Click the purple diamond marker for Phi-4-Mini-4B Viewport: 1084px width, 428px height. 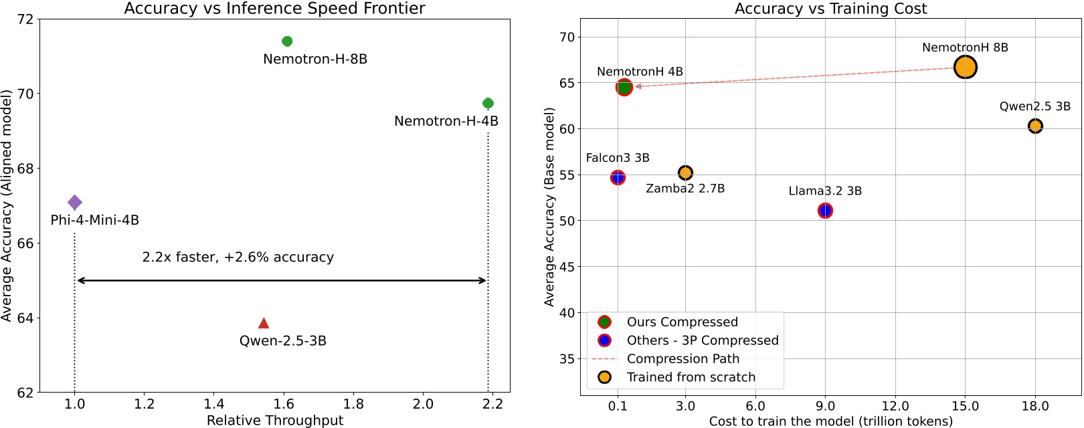click(75, 202)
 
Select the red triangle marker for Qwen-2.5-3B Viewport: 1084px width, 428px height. click(264, 323)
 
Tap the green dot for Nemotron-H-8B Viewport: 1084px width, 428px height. click(287, 41)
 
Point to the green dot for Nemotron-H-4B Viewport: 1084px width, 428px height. click(488, 103)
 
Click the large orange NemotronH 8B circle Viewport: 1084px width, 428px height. click(965, 67)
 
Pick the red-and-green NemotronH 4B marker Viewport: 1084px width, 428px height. click(624, 87)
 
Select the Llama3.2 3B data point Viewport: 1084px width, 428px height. click(825, 211)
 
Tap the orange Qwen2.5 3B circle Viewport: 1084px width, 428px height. click(1035, 126)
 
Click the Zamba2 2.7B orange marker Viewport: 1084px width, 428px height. click(685, 173)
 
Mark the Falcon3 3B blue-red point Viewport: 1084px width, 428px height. click(618, 177)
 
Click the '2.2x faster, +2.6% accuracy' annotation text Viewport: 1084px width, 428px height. click(238, 257)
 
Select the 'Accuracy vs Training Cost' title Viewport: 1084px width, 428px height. click(830, 9)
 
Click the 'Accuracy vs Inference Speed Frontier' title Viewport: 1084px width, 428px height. click(274, 9)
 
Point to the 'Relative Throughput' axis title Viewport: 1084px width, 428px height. click(274, 420)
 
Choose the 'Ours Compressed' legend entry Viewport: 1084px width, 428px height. click(682, 322)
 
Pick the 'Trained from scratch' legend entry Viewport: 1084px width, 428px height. click(691, 377)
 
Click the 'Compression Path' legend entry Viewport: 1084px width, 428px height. click(683, 359)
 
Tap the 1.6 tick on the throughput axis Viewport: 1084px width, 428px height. click(284, 404)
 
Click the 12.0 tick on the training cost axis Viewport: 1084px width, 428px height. click(895, 406)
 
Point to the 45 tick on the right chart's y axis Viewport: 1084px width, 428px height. click(567, 267)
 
